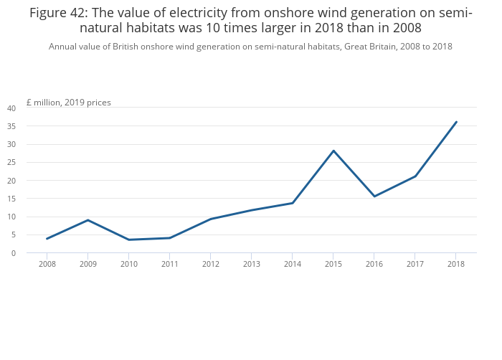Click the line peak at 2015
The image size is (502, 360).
(333, 151)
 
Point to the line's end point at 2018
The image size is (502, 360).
(456, 122)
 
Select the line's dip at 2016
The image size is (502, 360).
(374, 196)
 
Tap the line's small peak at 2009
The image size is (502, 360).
(87, 220)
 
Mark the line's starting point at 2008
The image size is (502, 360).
(47, 239)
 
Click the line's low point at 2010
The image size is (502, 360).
(128, 240)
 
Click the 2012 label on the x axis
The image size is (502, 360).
(210, 264)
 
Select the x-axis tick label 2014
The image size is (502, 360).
(292, 264)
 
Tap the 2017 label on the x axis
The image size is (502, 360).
(415, 264)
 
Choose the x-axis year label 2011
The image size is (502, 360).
(169, 264)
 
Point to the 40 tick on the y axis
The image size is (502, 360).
(11, 108)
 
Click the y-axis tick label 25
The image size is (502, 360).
(11, 163)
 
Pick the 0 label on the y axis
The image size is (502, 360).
(14, 253)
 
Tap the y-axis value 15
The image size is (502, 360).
(11, 199)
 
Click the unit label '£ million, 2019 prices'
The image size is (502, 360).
(69, 103)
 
